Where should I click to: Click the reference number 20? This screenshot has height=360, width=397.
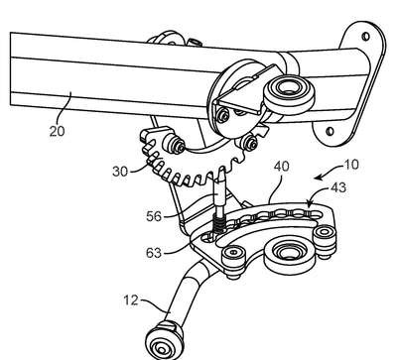click(58, 131)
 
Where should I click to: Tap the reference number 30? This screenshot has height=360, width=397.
click(120, 172)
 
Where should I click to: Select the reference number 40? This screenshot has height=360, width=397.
click(281, 166)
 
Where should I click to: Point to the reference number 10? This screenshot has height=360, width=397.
click(350, 165)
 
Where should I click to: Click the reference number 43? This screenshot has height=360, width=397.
click(338, 187)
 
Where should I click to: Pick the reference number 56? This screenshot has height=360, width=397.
click(154, 216)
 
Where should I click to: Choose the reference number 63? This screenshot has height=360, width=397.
click(154, 253)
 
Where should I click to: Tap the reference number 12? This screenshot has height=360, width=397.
click(131, 300)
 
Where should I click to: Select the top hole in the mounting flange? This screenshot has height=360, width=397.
click(365, 36)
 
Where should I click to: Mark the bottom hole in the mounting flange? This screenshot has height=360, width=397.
click(330, 132)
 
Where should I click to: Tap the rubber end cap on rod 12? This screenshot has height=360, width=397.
click(165, 340)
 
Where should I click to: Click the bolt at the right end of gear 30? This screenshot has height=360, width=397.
click(247, 143)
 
